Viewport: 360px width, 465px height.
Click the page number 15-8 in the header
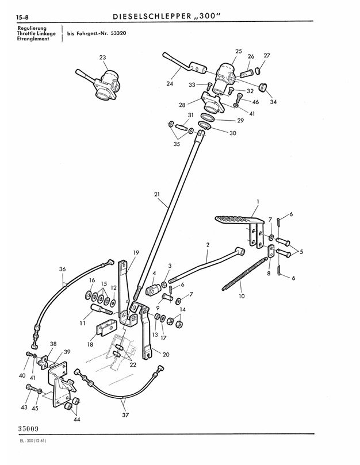pyautogui.click(x=22, y=17)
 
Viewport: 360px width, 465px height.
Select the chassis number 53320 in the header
pyautogui.click(x=118, y=33)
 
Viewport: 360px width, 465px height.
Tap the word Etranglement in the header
pyautogui.click(x=33, y=39)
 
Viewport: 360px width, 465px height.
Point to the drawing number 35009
pyautogui.click(x=29, y=429)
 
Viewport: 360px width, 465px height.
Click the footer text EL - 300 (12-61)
pyautogui.click(x=32, y=441)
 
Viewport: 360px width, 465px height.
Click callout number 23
pyautogui.click(x=102, y=57)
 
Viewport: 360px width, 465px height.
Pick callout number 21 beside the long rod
pyautogui.click(x=157, y=194)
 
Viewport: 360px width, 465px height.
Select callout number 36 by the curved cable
pyautogui.click(x=62, y=269)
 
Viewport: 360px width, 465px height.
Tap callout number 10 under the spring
pyautogui.click(x=242, y=296)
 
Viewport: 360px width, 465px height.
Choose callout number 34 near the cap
pyautogui.click(x=273, y=102)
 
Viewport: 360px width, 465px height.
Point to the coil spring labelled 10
pyautogui.click(x=244, y=274)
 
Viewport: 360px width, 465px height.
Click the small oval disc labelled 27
pyautogui.click(x=257, y=71)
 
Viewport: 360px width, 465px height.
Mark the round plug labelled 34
pyautogui.click(x=263, y=88)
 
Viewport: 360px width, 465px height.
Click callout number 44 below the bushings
pyautogui.click(x=76, y=420)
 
